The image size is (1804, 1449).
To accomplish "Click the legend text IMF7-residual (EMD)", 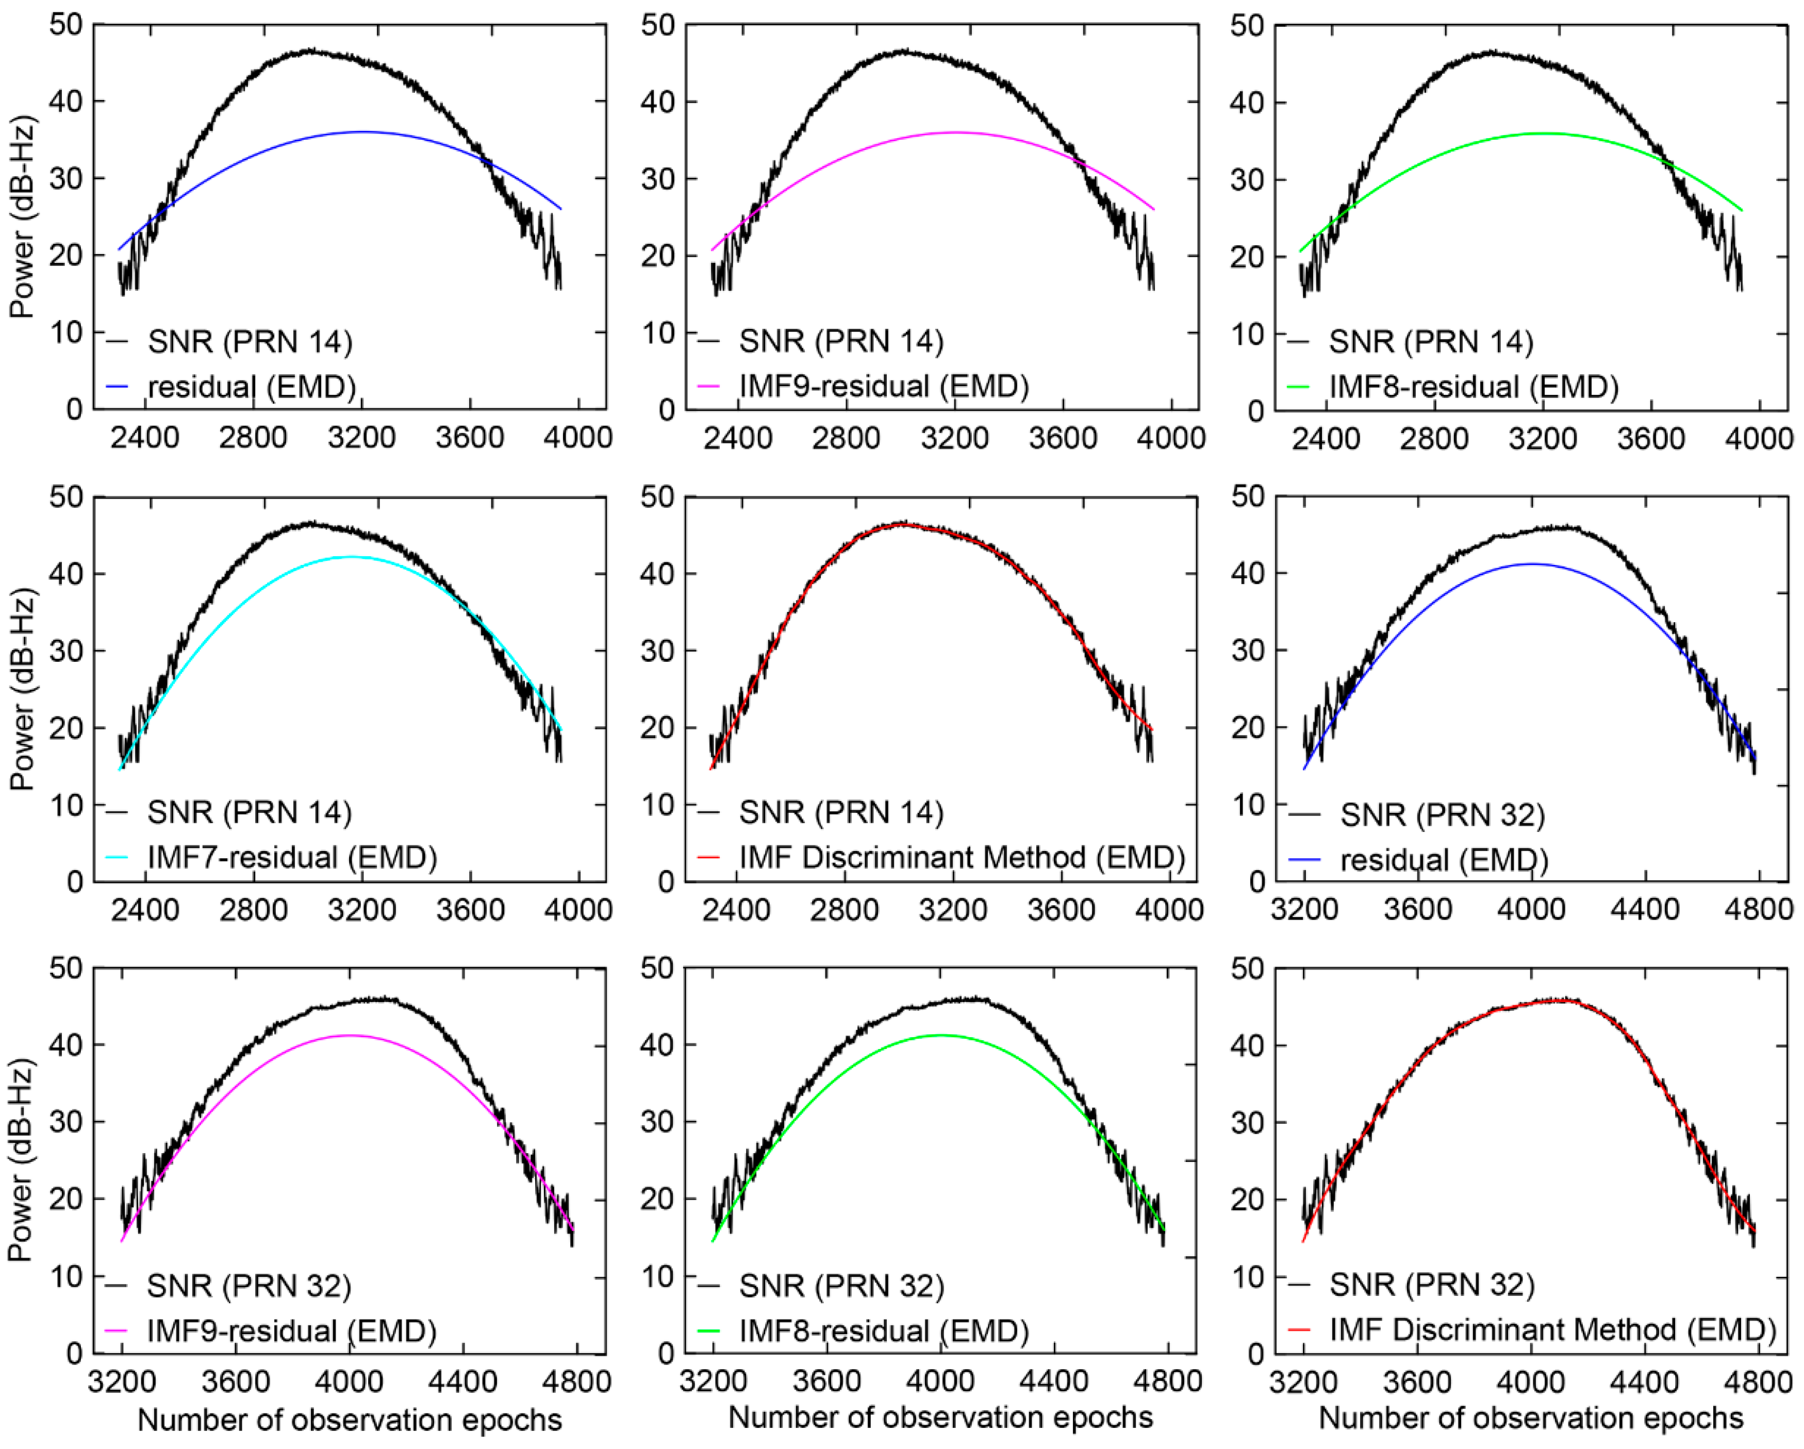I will point(292,858).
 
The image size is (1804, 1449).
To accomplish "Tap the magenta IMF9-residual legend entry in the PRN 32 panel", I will point(291,1330).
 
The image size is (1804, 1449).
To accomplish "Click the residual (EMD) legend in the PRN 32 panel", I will point(1444,860).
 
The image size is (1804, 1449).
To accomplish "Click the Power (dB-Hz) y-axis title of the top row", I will point(23,218).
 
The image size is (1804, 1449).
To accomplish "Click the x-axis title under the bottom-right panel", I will point(1531,1418).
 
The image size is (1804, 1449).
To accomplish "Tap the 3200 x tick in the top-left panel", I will point(361,438).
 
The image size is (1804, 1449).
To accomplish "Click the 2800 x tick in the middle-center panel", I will point(845,909).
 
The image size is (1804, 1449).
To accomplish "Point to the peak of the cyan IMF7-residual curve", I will point(350,556).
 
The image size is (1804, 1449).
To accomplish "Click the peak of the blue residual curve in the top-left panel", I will point(361,131).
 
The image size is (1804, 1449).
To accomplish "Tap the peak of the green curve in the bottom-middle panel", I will point(940,1035).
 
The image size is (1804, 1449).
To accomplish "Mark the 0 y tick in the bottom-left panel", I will point(74,1353).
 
